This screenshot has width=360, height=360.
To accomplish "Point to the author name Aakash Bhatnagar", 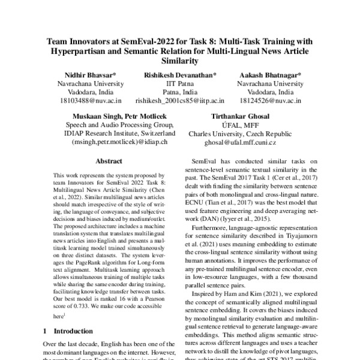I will point(274,74).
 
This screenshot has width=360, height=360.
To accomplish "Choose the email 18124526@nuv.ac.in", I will point(274,103).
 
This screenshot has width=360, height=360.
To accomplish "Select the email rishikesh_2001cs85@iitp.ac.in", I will point(180,103).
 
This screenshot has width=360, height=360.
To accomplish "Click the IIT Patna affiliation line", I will point(180,83).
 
